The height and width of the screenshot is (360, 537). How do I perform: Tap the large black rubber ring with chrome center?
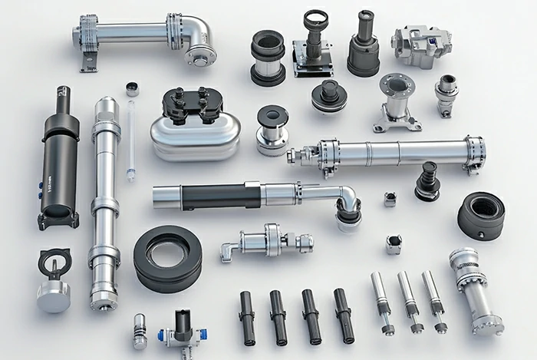pos(168,257)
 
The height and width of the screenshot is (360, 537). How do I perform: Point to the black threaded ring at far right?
pos(482,215)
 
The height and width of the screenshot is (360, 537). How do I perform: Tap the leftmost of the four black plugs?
pos(246,315)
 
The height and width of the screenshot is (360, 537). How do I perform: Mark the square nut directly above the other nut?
pos(390,200)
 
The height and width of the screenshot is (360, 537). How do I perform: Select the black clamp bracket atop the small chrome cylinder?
pos(53,263)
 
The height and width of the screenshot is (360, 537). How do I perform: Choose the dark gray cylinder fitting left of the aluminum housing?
pos(364,45)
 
